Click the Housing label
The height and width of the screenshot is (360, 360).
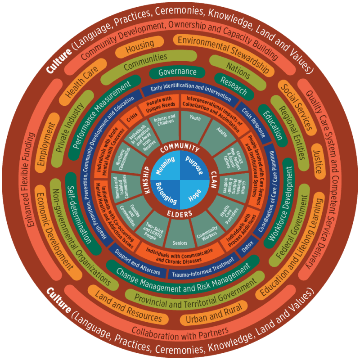pyautogui.click(x=139, y=46)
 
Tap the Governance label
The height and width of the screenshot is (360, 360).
pyautogui.click(x=177, y=72)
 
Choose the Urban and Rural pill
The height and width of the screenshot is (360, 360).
pyautogui.click(x=214, y=314)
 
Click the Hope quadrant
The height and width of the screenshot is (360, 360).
pyautogui.click(x=194, y=194)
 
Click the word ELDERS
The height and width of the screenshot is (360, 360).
pyautogui.click(x=180, y=213)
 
